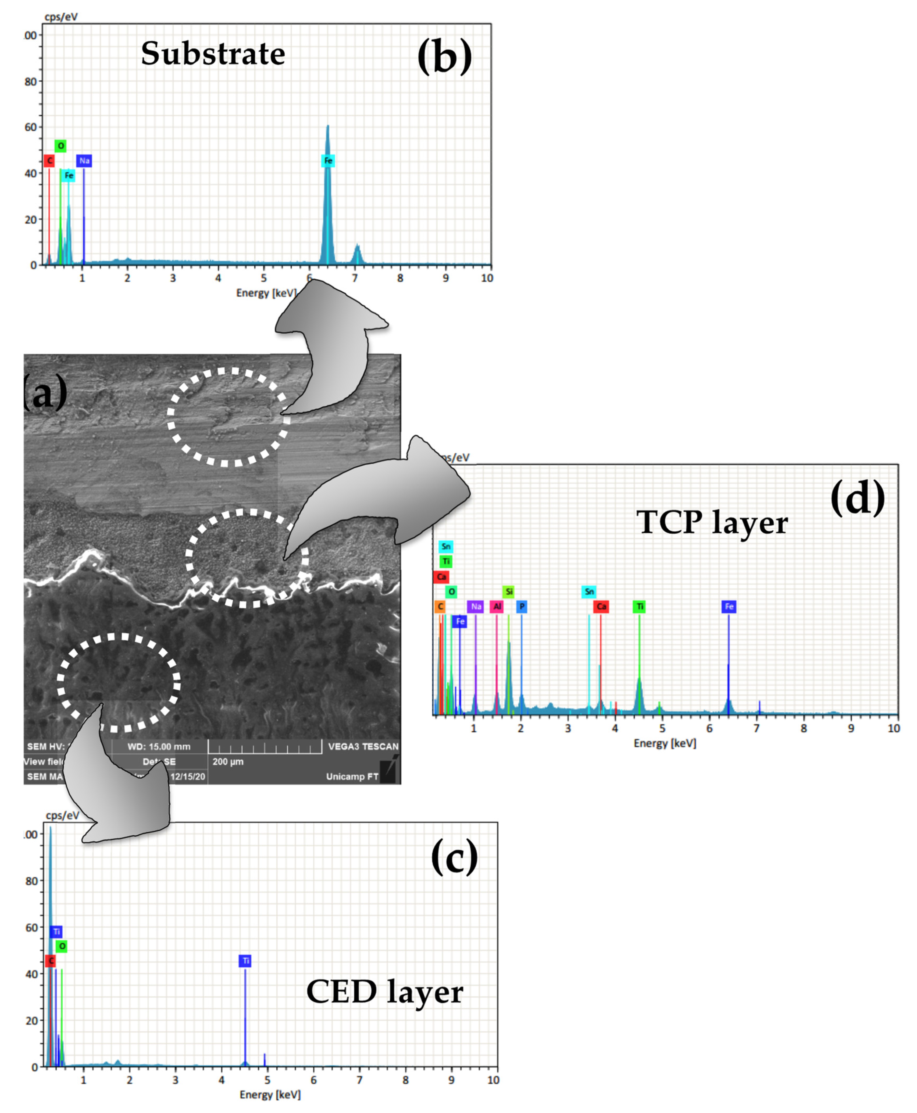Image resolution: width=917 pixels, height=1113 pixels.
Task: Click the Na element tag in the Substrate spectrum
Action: click(84, 161)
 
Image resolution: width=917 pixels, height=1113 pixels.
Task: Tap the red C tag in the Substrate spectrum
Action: click(49, 161)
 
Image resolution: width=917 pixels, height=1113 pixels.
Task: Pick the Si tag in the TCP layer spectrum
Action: click(508, 591)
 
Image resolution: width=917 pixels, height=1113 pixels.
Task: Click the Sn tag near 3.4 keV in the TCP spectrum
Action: click(589, 591)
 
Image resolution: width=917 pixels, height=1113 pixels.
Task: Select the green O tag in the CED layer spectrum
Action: click(62, 946)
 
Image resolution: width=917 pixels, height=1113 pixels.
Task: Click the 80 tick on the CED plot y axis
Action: click(32, 881)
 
